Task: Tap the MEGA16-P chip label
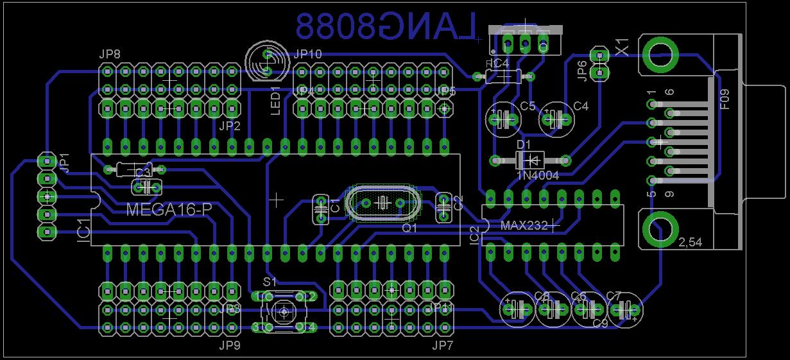[x=169, y=209]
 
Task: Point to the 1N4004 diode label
[x=538, y=175]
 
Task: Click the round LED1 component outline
[x=264, y=61]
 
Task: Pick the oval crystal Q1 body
[x=382, y=203]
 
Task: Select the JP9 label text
[x=229, y=347]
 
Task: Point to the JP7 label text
[x=442, y=347]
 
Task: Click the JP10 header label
[x=307, y=55]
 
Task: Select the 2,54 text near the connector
[x=691, y=243]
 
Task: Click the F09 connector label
[x=725, y=100]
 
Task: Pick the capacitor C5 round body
[x=505, y=119]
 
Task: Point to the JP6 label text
[x=581, y=73]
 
